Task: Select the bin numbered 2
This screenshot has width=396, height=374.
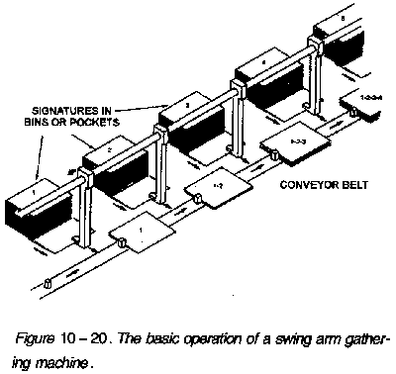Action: coord(109,153)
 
